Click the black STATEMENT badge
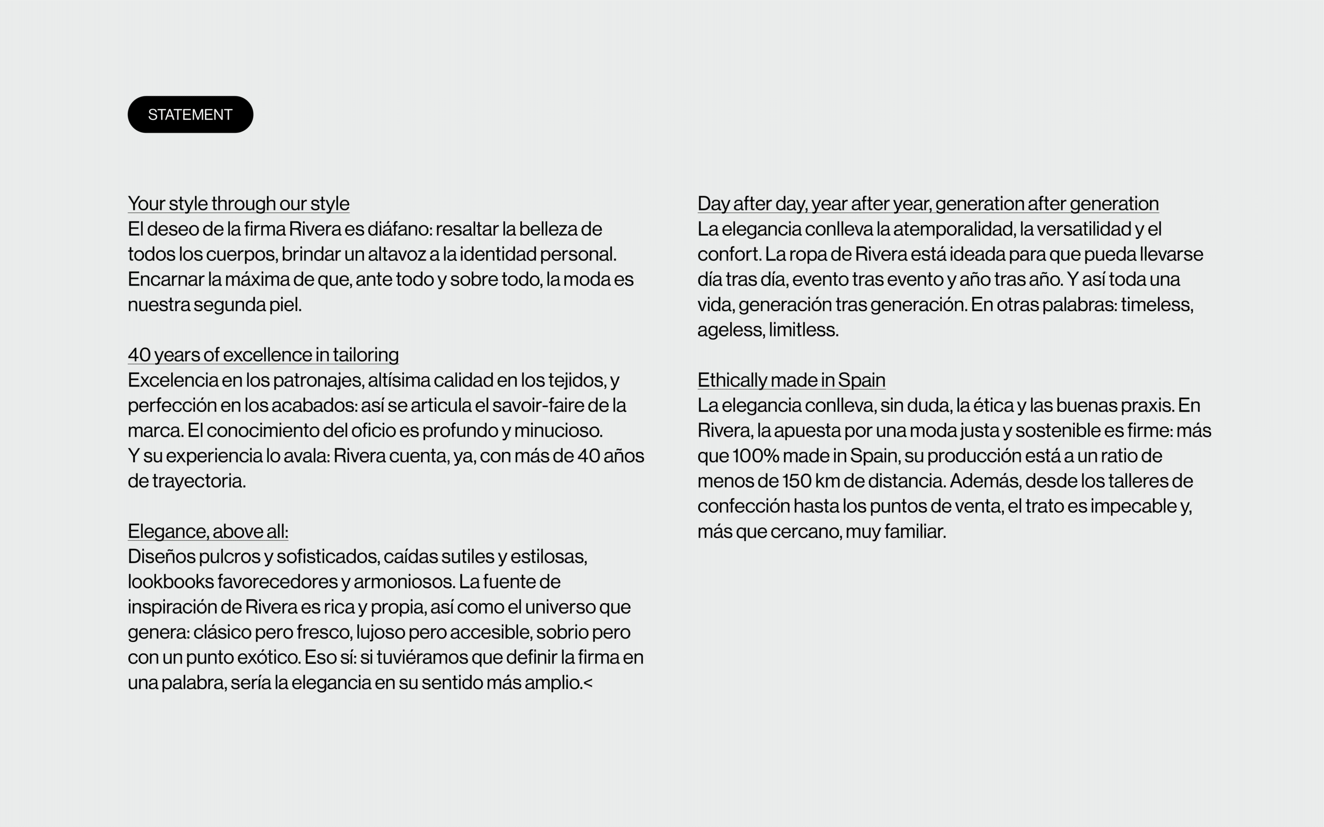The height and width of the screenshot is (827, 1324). click(x=190, y=114)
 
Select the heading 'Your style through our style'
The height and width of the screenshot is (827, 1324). click(x=238, y=204)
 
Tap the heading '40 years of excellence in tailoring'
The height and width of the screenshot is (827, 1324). click(x=263, y=355)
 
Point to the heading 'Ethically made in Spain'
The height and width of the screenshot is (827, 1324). click(x=791, y=380)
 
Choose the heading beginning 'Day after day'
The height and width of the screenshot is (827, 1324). click(x=928, y=204)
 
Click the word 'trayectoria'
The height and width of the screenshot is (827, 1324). click(x=198, y=481)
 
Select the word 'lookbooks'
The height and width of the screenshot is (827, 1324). click(x=170, y=581)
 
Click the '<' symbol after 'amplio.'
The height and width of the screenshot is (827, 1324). click(x=588, y=683)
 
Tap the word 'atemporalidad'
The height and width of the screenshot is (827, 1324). click(x=954, y=228)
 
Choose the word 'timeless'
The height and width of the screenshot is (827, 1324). click(x=1156, y=304)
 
